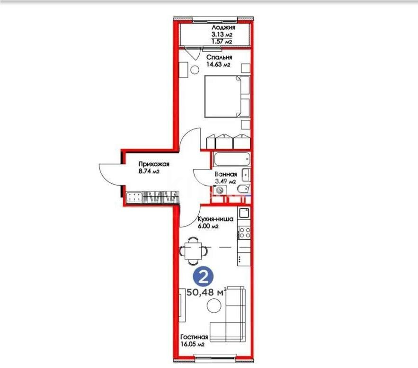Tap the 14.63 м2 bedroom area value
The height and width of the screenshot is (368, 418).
[x=218, y=65]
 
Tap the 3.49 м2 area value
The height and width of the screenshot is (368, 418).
[x=226, y=181]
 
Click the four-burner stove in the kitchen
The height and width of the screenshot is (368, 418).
[x=244, y=232]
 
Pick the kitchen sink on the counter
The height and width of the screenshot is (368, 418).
[x=244, y=213]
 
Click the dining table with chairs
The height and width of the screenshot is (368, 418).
[x=194, y=249]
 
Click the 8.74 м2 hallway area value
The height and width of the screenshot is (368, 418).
[x=149, y=171]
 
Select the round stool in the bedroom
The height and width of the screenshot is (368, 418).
[x=195, y=70]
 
